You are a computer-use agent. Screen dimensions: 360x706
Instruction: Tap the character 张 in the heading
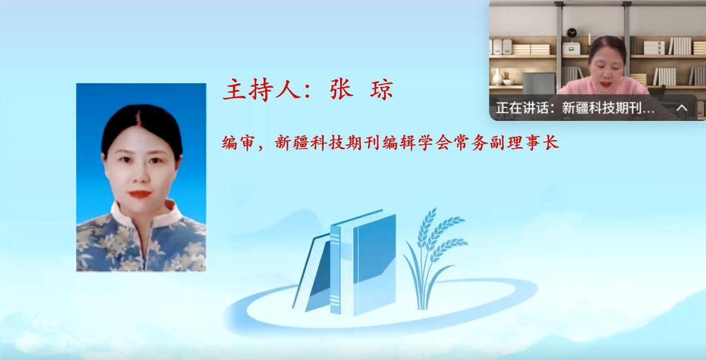339,91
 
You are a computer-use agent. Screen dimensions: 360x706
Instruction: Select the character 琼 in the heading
380,91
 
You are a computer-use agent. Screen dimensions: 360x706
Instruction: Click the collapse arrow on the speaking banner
681,108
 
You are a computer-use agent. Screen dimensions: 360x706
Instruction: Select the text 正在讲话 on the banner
521,108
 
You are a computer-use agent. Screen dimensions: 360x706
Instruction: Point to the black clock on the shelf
571,33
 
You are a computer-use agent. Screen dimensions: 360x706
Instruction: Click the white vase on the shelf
497,78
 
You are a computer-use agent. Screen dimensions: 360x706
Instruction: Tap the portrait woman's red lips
139,194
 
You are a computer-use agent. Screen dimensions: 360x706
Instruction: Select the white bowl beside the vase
508,82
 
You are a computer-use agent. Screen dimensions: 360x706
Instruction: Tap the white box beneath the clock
571,48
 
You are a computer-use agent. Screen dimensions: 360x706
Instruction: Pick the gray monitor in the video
539,83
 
